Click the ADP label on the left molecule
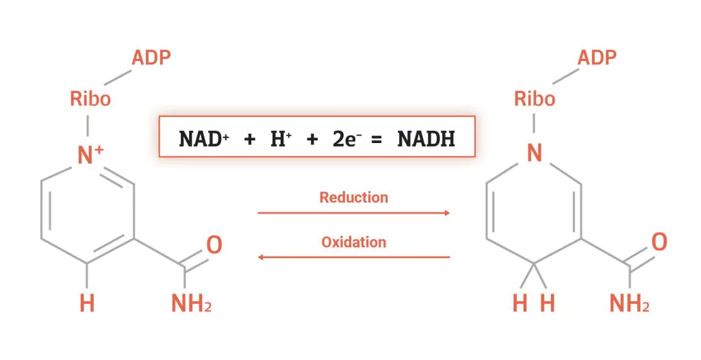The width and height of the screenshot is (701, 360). [x=151, y=57]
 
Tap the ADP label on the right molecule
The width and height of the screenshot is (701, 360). [x=598, y=57]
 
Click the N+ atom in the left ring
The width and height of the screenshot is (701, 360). [x=90, y=156]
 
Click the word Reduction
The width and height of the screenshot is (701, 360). [x=353, y=198]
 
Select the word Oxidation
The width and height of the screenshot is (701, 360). [x=353, y=242]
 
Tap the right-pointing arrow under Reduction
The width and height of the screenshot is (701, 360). [x=353, y=213]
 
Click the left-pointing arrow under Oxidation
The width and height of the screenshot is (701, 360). [x=353, y=257]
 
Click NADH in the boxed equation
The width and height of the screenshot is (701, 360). [x=426, y=139]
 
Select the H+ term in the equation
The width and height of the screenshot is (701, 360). [x=282, y=139]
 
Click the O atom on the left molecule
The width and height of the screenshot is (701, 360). [x=214, y=244]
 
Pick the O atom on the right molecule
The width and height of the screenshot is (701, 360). [x=659, y=242]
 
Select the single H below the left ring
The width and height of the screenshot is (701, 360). [x=87, y=303]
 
